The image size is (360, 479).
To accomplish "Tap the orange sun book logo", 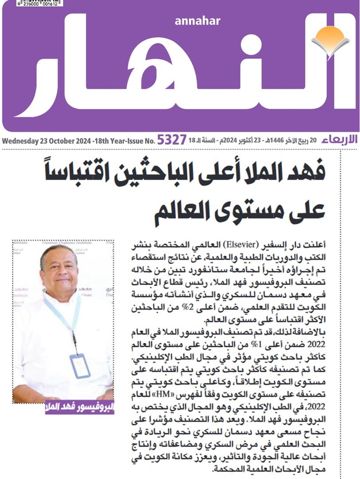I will point(329,40).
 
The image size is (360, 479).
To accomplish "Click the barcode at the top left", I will point(33,3).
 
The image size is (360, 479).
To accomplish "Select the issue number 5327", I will point(172,141).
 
